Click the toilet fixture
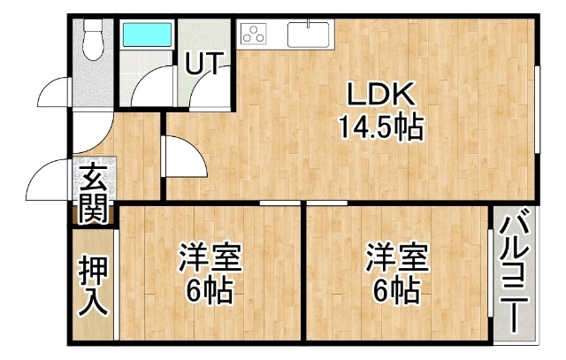pyautogui.click(x=94, y=39)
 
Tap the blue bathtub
pyautogui.click(x=148, y=34)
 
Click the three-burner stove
pyautogui.click(x=254, y=33)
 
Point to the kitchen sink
pyautogui.click(x=309, y=34)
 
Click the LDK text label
pyautogui.click(x=380, y=94)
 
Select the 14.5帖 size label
pyautogui.click(x=380, y=126)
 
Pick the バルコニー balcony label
pyautogui.click(x=515, y=270)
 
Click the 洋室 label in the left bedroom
pyautogui.click(x=210, y=257)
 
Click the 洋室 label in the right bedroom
pyautogui.click(x=397, y=257)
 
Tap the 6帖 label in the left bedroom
pyautogui.click(x=209, y=291)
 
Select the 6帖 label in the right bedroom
pyautogui.click(x=396, y=291)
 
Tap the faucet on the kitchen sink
pyautogui.click(x=309, y=23)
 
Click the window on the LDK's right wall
pyautogui.click(x=538, y=110)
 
